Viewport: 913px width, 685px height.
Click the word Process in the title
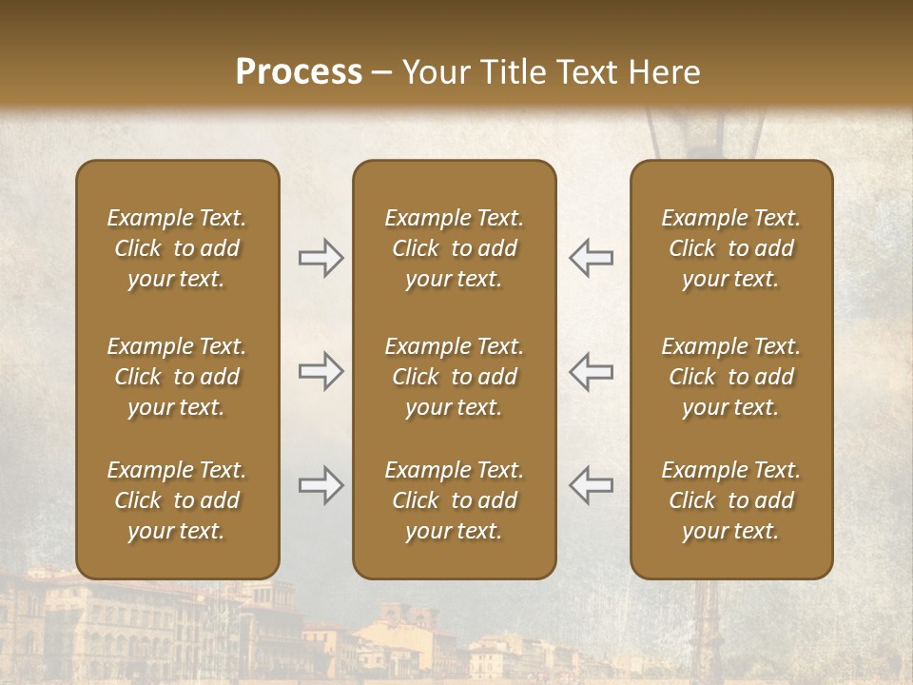click(299, 72)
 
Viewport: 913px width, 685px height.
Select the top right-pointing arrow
click(321, 258)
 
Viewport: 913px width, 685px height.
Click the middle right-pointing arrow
click(321, 371)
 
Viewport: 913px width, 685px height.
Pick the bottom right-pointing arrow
click(321, 485)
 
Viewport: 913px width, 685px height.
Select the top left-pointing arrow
click(591, 258)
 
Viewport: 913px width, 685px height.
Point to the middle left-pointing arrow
click(591, 371)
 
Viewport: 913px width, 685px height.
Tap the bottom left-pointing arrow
click(591, 485)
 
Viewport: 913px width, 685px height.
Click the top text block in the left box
click(177, 248)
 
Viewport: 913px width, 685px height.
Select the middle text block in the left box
click(177, 377)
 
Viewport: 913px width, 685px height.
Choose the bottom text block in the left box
click(177, 500)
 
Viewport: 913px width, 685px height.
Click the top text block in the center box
click(454, 248)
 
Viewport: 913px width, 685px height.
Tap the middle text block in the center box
click(454, 377)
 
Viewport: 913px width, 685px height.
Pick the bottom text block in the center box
click(454, 500)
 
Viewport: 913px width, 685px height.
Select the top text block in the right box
click(730, 248)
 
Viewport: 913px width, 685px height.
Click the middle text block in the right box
click(730, 377)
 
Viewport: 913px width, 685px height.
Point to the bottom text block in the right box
click(730, 500)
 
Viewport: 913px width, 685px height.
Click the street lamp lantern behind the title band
click(679, 133)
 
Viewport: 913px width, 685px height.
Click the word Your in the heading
click(436, 72)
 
